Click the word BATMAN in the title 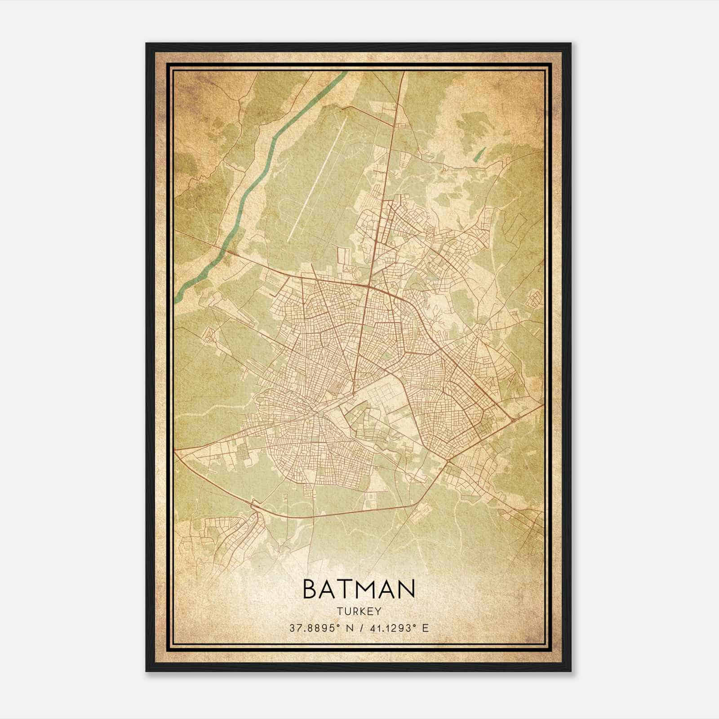[x=359, y=589]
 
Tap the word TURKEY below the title [x=359, y=611]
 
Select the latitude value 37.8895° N [x=318, y=628]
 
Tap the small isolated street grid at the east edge [x=535, y=297]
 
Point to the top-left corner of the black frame [x=147, y=44]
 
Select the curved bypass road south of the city [x=342, y=514]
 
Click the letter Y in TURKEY [x=378, y=611]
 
